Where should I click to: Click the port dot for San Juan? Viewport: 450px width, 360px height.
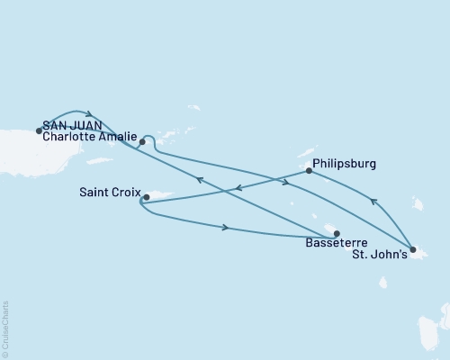click(39, 130)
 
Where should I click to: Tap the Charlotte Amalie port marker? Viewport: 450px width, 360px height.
click(142, 142)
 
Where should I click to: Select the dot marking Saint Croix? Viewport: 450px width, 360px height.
click(146, 196)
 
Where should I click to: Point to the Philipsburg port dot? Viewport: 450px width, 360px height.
click(309, 170)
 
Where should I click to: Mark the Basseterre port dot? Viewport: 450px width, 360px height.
click(337, 234)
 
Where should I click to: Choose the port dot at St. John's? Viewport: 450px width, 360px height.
click(411, 249)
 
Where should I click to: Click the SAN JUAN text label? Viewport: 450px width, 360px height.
click(69, 127)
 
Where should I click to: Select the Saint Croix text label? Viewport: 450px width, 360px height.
click(107, 191)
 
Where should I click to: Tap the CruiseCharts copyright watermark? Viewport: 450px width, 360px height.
click(5, 328)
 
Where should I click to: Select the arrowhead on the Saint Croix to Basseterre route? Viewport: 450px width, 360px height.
click(225, 228)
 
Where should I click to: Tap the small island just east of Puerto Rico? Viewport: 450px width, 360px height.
click(99, 160)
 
